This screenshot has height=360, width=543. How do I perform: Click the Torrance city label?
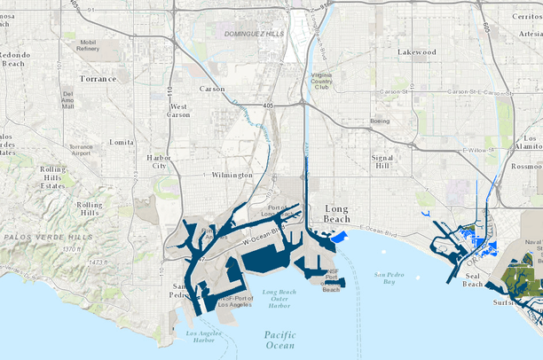(99, 78)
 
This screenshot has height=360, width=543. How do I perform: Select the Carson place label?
(212, 90)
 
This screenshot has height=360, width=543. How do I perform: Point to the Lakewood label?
(417, 52)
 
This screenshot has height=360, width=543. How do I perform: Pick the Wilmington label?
(232, 176)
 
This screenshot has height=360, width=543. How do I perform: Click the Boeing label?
(380, 121)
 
